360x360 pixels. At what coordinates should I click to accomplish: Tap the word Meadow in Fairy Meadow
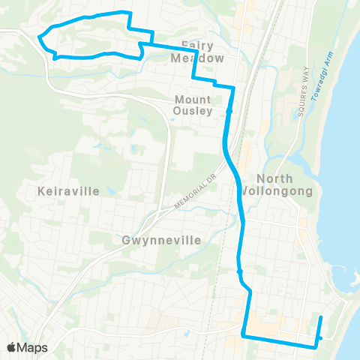click(x=196, y=58)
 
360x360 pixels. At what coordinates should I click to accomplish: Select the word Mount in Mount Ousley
click(x=193, y=98)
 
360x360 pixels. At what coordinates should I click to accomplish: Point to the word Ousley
click(x=193, y=111)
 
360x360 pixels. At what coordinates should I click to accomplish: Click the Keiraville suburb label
click(x=68, y=191)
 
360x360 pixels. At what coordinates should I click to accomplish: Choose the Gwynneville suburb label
click(x=161, y=241)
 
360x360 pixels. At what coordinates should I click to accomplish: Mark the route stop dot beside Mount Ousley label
click(x=229, y=112)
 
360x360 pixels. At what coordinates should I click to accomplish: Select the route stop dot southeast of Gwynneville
click(x=239, y=271)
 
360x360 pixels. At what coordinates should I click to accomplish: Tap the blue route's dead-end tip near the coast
click(x=322, y=317)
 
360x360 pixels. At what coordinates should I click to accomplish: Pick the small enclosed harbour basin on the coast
click(x=350, y=270)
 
